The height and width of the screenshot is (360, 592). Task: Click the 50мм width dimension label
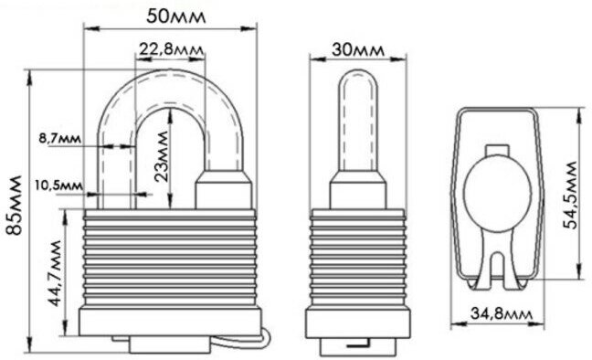point(176,16)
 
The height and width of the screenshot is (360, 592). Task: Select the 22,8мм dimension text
point(171,49)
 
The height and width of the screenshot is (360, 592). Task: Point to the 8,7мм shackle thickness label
point(59,138)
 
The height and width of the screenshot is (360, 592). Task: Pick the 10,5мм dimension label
point(58,185)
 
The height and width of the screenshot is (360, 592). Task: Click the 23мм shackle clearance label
point(162,156)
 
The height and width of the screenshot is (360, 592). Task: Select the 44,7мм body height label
point(54,272)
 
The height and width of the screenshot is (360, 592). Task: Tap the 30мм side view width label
point(357,49)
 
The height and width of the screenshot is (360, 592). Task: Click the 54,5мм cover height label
point(570,195)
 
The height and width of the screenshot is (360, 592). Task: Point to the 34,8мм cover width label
point(502,313)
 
